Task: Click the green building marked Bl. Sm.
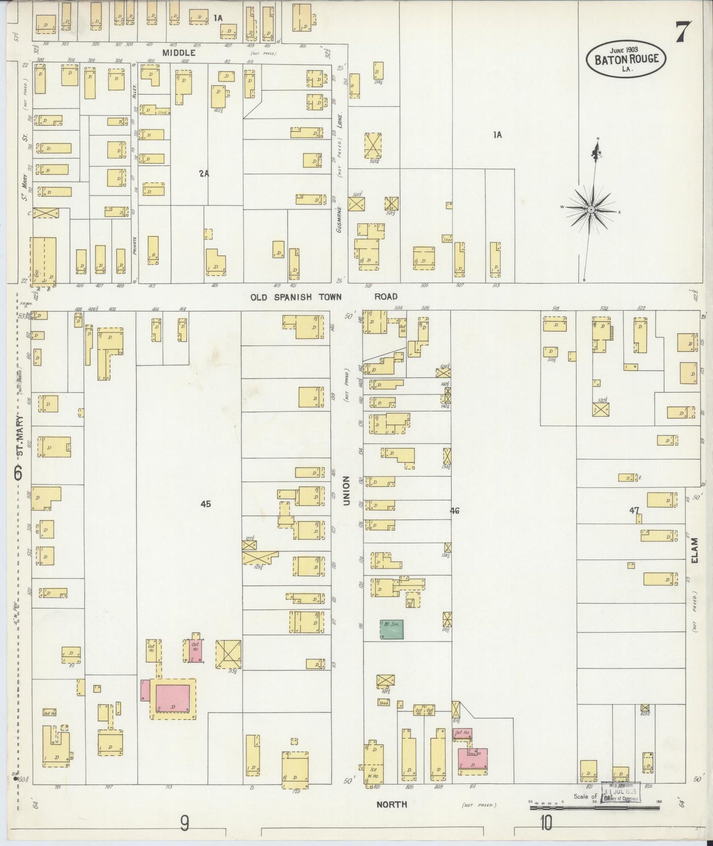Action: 392,629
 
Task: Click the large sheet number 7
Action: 683,33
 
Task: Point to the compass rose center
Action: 591,210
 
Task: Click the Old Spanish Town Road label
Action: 323,297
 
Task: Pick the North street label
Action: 392,804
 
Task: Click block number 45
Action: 206,504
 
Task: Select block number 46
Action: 454,511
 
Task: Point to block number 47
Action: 634,510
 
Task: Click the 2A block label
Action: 204,173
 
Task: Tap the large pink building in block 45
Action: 173,698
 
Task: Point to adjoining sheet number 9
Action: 184,823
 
